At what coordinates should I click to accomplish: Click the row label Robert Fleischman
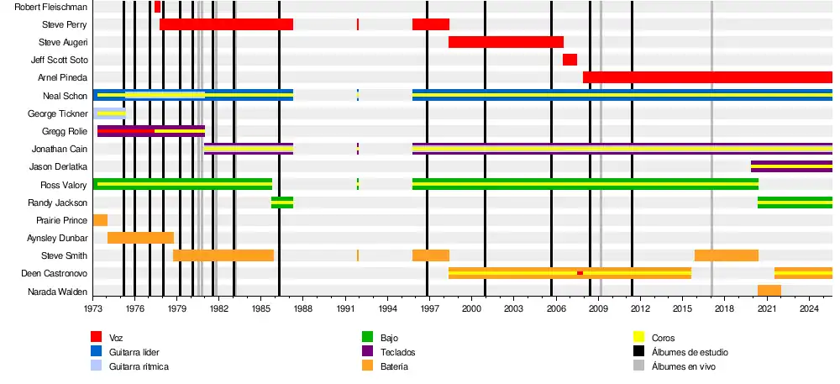[x=51, y=7]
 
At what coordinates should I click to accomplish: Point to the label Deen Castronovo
[x=55, y=274]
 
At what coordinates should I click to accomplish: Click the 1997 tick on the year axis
[x=428, y=309]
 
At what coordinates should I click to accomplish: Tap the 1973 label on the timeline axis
[x=93, y=309]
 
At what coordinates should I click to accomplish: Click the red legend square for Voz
[x=97, y=338]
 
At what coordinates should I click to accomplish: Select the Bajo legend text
[x=389, y=338]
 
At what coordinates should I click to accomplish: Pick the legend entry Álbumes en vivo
[x=684, y=366]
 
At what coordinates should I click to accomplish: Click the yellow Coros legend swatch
[x=638, y=338]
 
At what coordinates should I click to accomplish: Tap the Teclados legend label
[x=397, y=352]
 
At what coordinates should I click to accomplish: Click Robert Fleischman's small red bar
[x=157, y=7]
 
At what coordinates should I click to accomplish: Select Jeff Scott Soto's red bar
[x=570, y=60]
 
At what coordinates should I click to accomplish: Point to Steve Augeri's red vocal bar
[x=506, y=42]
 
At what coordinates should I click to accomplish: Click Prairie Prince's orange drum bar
[x=100, y=220]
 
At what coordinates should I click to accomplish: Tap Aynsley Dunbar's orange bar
[x=140, y=238]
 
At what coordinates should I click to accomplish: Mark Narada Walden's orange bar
[x=769, y=291]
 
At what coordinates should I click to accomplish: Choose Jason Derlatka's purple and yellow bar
[x=791, y=166]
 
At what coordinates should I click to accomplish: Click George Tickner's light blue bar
[x=111, y=113]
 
